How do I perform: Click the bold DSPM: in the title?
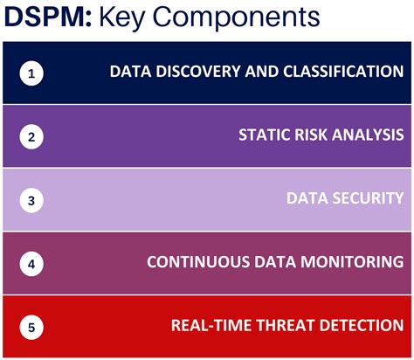click(x=45, y=18)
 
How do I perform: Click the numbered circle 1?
click(x=31, y=73)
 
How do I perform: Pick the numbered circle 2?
click(x=31, y=136)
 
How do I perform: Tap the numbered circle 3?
click(x=31, y=200)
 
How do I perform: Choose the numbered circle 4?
click(x=31, y=263)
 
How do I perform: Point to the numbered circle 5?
click(x=31, y=327)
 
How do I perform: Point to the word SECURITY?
click(x=367, y=198)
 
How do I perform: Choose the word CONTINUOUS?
click(x=196, y=262)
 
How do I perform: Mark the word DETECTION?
click(x=360, y=325)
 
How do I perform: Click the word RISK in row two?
click(x=313, y=135)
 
